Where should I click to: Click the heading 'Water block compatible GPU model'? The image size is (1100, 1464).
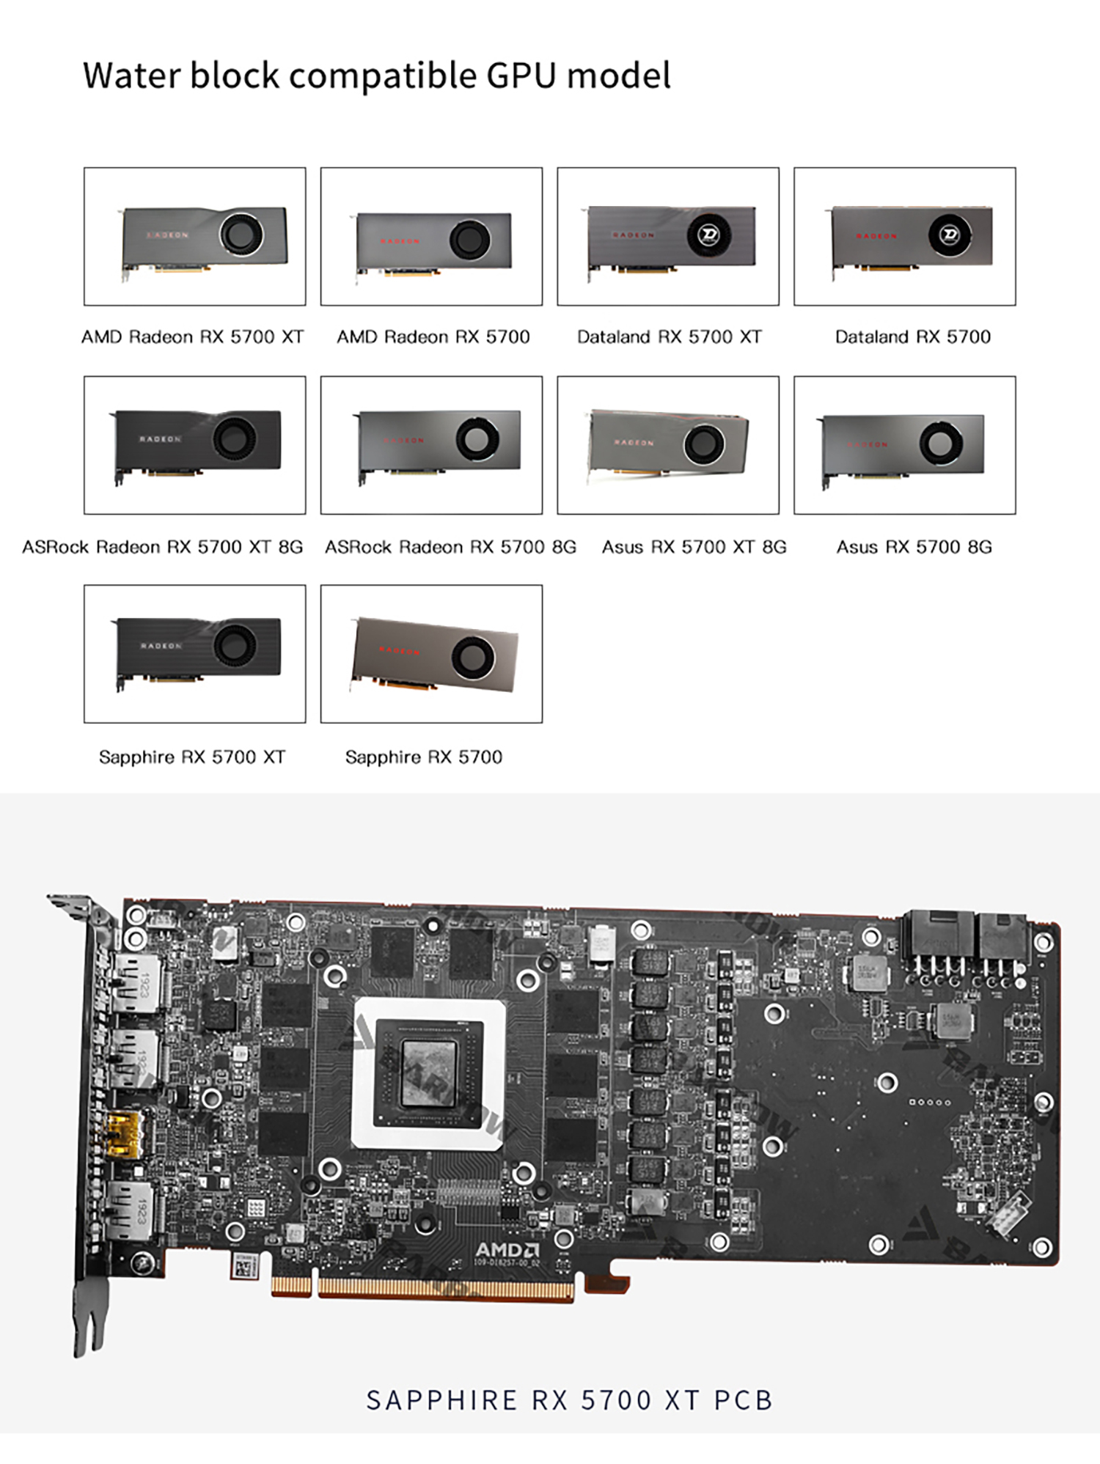point(376,76)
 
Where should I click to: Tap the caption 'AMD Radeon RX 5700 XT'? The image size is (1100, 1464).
point(192,336)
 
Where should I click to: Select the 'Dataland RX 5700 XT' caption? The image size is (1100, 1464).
point(669,336)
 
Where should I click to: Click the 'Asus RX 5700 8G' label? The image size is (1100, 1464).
point(914,547)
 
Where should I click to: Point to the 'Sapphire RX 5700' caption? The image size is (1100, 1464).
point(423,757)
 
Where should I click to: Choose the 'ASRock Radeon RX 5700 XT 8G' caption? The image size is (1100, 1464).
point(162,547)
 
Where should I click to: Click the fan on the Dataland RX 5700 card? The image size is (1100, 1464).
point(950,235)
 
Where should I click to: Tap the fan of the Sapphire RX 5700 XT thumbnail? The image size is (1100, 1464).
point(235,645)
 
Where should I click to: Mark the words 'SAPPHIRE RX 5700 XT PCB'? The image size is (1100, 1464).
point(569,1400)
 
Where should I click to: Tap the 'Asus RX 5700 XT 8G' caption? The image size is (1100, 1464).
point(694,547)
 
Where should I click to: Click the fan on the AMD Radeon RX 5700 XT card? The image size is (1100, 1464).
point(240,234)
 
